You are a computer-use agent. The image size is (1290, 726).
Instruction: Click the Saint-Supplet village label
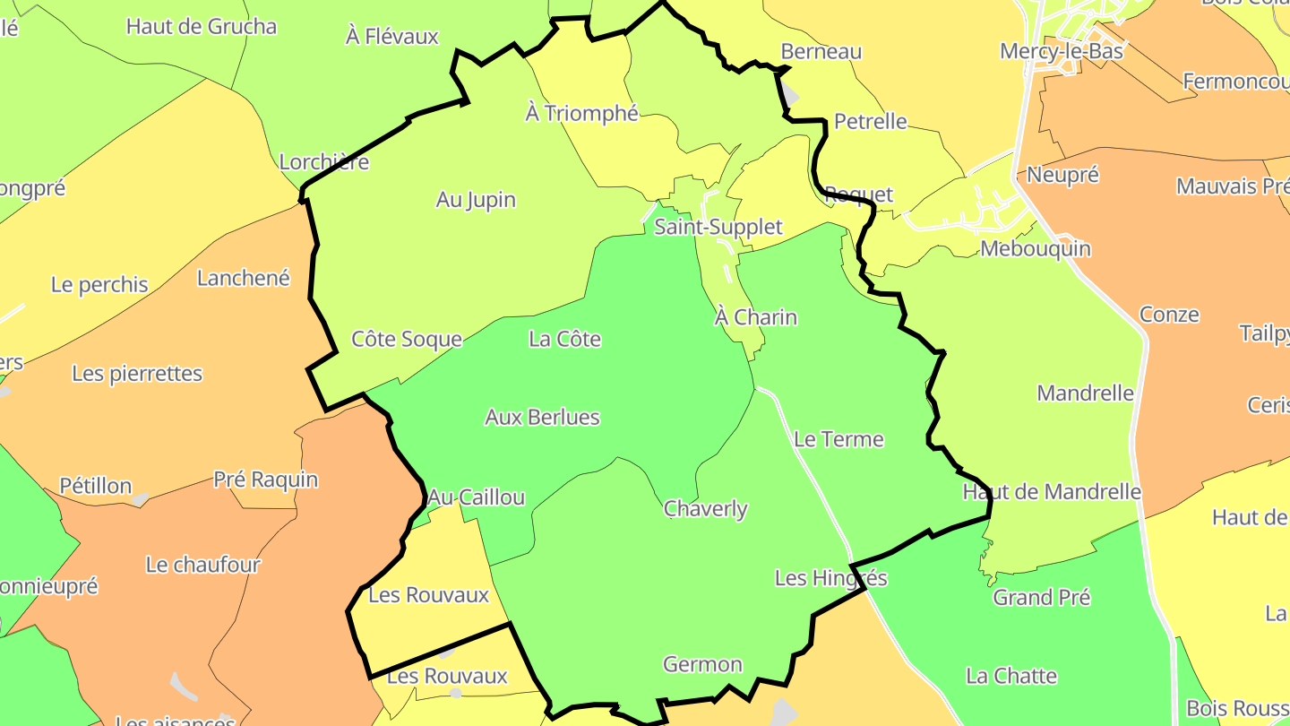(x=718, y=228)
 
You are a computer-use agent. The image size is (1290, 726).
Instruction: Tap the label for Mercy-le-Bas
(x=1062, y=51)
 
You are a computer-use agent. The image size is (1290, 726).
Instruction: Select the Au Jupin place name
(x=476, y=200)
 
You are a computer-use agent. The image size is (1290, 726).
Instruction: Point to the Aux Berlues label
(x=542, y=418)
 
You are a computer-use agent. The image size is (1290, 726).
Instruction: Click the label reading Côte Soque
(x=407, y=340)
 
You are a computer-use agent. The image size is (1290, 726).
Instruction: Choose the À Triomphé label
(x=581, y=113)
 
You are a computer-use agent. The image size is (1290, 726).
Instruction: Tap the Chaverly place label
(x=706, y=509)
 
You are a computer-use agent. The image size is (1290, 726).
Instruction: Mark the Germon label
(x=702, y=665)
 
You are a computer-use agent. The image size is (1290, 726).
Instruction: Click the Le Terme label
(x=838, y=439)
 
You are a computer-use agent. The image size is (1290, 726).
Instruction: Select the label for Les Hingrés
(x=830, y=578)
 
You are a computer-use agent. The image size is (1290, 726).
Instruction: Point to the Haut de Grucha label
(x=202, y=26)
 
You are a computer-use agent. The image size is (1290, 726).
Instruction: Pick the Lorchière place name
(x=324, y=162)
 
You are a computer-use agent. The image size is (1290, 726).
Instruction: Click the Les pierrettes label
(x=137, y=374)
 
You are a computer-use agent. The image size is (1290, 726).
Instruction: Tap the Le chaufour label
(x=203, y=565)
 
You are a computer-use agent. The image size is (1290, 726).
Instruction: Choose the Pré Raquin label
(x=265, y=480)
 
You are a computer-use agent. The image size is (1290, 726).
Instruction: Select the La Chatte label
(x=1011, y=676)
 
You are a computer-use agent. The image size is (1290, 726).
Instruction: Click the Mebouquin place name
(x=1036, y=248)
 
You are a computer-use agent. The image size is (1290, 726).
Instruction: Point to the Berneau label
(x=821, y=51)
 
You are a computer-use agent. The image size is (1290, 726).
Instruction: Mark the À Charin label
(x=756, y=317)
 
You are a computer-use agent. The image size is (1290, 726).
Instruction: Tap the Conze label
(x=1169, y=315)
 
